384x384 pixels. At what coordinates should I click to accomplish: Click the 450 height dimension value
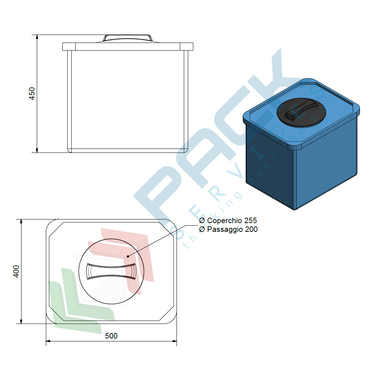click(x=32, y=94)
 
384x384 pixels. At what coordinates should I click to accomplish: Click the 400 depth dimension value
click(x=16, y=271)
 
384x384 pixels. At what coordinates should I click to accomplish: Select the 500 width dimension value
click(x=111, y=336)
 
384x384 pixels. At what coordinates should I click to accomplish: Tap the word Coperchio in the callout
click(x=225, y=221)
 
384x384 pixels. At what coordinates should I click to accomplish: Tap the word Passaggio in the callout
click(x=225, y=229)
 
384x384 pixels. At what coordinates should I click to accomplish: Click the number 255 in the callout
click(x=250, y=221)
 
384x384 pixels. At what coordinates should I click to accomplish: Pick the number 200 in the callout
click(x=251, y=229)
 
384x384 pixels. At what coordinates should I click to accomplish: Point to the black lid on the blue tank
click(x=301, y=113)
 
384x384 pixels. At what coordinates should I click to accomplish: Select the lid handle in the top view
click(x=111, y=271)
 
